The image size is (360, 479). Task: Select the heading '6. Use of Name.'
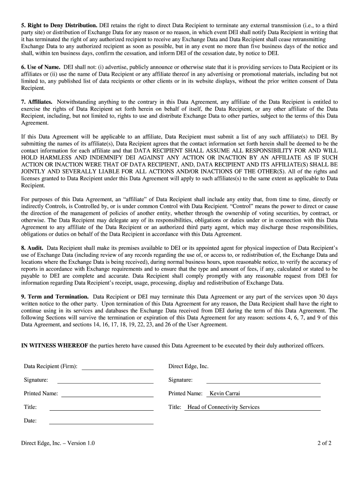[x=41, y=67]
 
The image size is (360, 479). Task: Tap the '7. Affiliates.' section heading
[x=37, y=102]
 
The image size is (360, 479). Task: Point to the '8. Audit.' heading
[x=32, y=247]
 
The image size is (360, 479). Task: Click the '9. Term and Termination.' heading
[x=55, y=297]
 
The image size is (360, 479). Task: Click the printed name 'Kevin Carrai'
[x=225, y=393]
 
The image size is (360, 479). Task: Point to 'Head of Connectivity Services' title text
[x=223, y=407]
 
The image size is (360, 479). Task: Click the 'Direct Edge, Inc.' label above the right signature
[x=188, y=366]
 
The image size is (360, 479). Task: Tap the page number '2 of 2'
[x=324, y=443]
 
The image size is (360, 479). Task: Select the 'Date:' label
[x=30, y=421]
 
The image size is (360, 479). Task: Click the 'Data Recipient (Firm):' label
[x=50, y=366]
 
